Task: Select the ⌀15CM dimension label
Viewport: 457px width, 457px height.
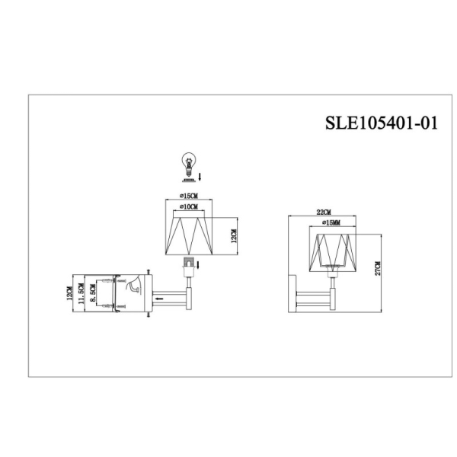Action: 187,197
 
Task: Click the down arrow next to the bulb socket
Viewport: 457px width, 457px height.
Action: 199,264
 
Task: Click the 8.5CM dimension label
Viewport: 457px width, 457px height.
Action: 93,293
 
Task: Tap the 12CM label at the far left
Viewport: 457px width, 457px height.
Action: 69,292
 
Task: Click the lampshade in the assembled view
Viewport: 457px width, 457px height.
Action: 332,251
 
